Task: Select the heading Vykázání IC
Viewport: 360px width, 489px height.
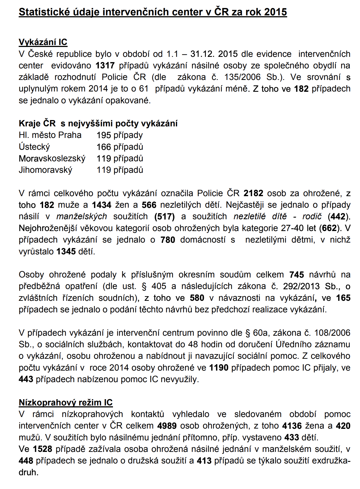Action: pyautogui.click(x=43, y=42)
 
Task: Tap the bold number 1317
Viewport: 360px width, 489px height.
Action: pyautogui.click(x=105, y=66)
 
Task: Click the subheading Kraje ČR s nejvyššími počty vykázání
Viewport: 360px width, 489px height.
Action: pyautogui.click(x=98, y=123)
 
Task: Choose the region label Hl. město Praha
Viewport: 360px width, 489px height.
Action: pyautogui.click(x=50, y=135)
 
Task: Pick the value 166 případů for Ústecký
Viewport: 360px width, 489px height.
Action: pyautogui.click(x=120, y=147)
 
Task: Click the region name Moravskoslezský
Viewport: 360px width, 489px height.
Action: pyautogui.click(x=52, y=159)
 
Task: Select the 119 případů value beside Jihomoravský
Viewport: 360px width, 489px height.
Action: pyautogui.click(x=120, y=170)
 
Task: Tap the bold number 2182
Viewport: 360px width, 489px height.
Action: pyautogui.click(x=253, y=193)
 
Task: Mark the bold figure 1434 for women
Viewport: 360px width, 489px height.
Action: pyautogui.click(x=102, y=205)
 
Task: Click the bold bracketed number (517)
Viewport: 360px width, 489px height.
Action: pyautogui.click(x=165, y=216)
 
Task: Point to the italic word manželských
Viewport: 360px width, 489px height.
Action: pyautogui.click(x=82, y=216)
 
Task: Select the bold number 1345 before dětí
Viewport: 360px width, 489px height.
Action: pyautogui.click(x=66, y=251)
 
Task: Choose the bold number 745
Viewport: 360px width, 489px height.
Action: pyautogui.click(x=297, y=275)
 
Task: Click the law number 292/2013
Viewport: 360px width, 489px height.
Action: pyautogui.click(x=301, y=286)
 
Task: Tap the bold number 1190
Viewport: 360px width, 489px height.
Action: pyautogui.click(x=219, y=368)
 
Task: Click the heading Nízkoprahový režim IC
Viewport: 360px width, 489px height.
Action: pyautogui.click(x=66, y=402)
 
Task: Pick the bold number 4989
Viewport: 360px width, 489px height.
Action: pyautogui.click(x=167, y=426)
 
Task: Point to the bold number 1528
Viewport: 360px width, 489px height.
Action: pyautogui.click(x=43, y=449)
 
